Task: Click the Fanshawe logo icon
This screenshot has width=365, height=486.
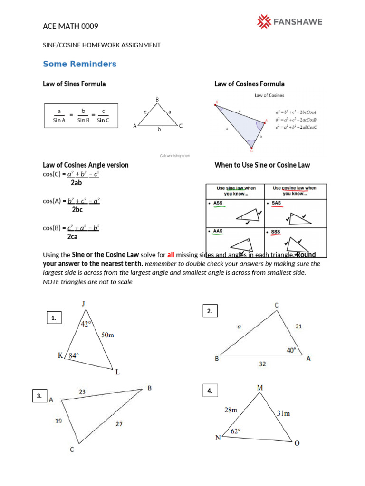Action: [264, 21]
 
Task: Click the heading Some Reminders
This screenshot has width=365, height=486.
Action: [79, 64]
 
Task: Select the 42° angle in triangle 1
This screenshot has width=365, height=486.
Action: [86, 324]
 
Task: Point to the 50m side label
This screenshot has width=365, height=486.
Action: [107, 336]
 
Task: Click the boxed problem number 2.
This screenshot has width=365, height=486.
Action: [210, 311]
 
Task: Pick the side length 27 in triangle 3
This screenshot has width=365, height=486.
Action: [118, 424]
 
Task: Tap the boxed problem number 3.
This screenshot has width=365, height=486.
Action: [39, 396]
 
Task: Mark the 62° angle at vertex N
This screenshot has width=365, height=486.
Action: [236, 431]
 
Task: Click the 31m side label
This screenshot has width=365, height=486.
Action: [284, 413]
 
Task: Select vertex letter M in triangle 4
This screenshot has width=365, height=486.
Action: [260, 388]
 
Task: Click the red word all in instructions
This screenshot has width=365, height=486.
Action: [171, 254]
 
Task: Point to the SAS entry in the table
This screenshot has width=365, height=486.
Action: [276, 203]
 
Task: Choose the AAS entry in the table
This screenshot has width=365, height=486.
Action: [218, 231]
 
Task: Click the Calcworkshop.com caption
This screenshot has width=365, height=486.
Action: [175, 155]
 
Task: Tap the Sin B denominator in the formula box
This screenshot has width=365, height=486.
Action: [84, 120]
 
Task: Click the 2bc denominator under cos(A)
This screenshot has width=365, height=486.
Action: [77, 209]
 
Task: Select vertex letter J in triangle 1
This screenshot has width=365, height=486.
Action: [84, 304]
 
